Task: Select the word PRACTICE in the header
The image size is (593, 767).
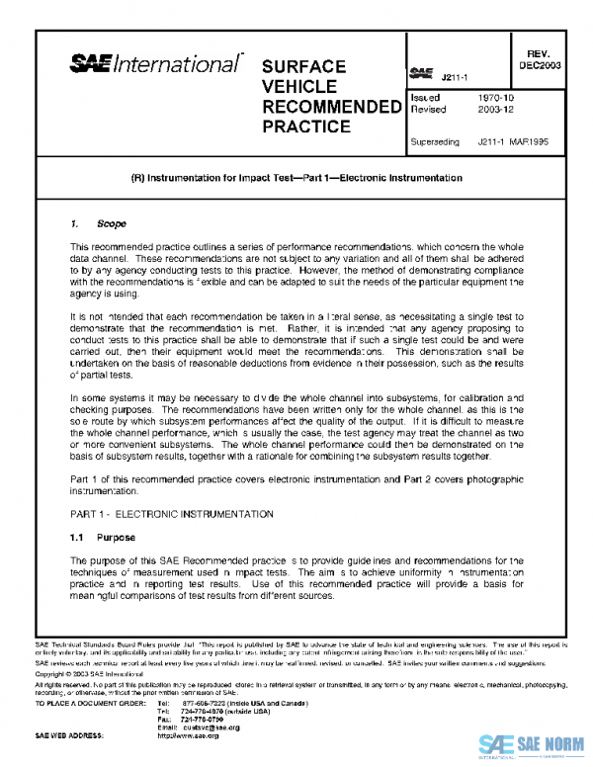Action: click(305, 127)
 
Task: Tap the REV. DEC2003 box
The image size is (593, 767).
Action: click(540, 59)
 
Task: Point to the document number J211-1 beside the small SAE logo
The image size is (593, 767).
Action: click(455, 76)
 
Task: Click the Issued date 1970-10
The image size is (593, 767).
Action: click(493, 99)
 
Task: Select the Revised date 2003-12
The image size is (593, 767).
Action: click(493, 111)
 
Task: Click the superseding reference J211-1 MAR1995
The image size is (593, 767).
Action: click(513, 142)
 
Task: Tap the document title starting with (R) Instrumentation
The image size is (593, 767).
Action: click(296, 178)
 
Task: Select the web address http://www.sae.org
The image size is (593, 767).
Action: click(188, 735)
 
